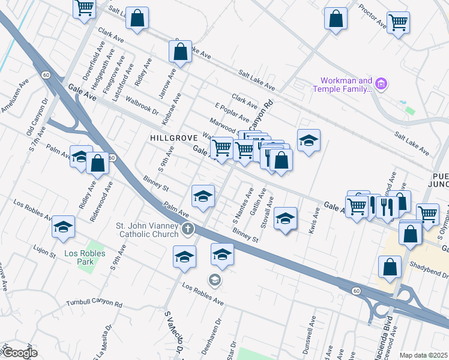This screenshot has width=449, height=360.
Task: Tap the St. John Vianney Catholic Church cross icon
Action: point(188,229)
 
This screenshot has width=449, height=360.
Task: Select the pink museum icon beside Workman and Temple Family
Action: point(381,83)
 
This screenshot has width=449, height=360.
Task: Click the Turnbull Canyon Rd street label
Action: point(94,304)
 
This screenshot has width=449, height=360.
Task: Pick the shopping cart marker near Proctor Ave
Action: point(398,23)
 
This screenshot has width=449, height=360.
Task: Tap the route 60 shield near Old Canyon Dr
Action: point(46,75)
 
